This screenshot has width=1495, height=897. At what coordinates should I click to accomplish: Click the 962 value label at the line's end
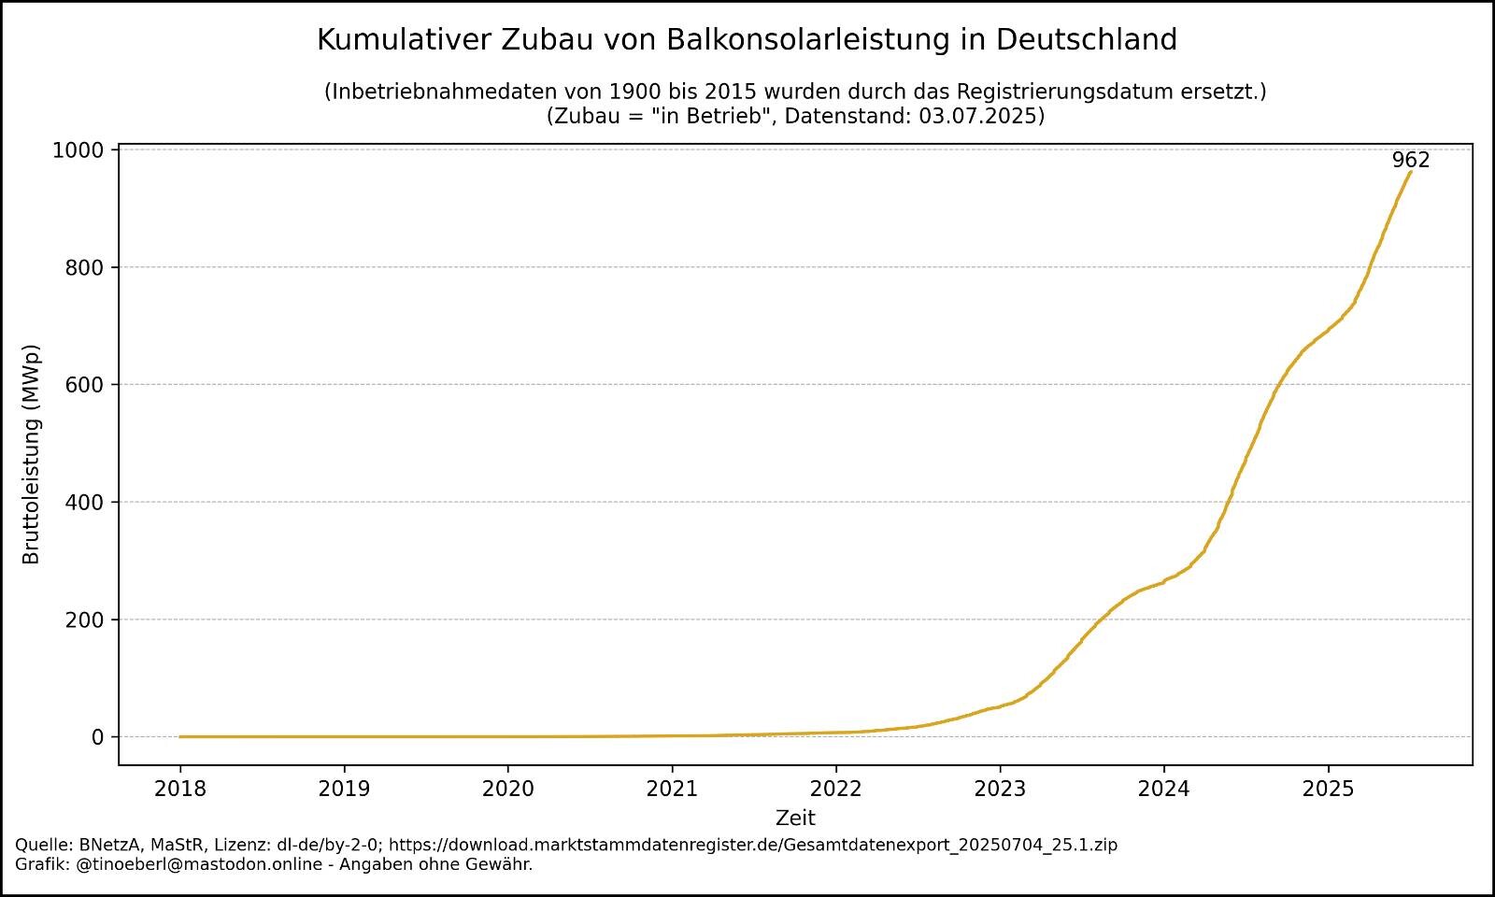coord(1410,160)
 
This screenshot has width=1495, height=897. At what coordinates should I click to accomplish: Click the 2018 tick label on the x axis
coord(180,789)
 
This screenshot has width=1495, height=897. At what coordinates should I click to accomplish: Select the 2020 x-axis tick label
coord(508,789)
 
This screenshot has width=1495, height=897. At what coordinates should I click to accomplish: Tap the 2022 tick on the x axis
coord(836,789)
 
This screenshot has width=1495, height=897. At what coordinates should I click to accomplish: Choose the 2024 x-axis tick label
coord(1164,789)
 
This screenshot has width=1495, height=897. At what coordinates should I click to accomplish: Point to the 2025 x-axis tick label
coord(1329,789)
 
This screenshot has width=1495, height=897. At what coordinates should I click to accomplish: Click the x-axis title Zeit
coord(795,819)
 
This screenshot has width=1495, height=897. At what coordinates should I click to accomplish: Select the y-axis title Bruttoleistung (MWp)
coord(32,455)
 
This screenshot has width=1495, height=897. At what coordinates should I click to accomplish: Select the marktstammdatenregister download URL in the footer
coord(753,845)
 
